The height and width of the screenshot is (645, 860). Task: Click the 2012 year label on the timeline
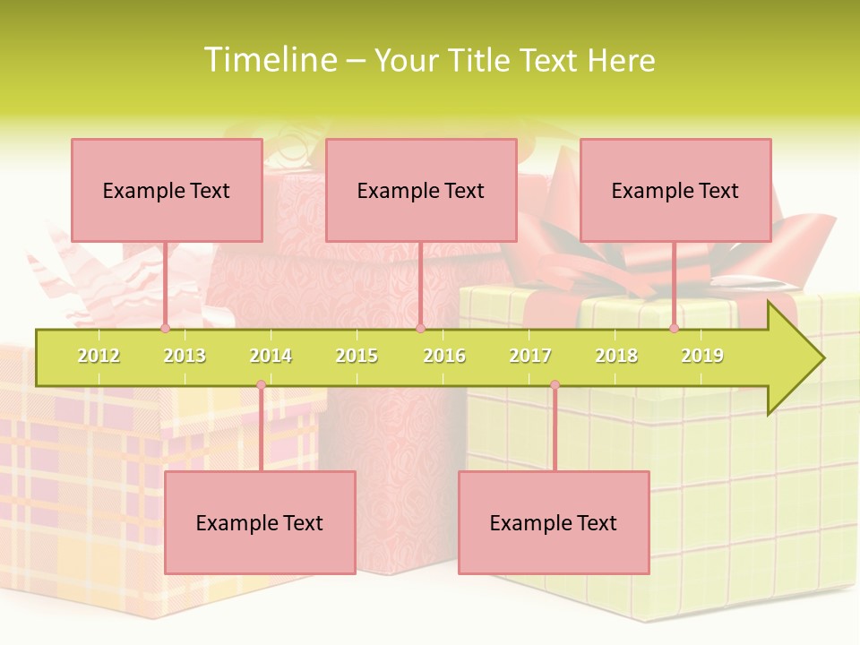click(x=99, y=357)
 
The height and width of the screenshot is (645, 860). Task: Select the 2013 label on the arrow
click(x=185, y=357)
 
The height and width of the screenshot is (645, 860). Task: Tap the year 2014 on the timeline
click(x=271, y=357)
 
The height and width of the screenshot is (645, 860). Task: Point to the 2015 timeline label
click(x=357, y=357)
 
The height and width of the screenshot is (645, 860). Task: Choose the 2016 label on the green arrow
click(x=444, y=357)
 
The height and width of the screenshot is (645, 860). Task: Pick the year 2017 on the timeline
click(x=530, y=357)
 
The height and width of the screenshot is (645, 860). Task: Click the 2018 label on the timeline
click(x=616, y=357)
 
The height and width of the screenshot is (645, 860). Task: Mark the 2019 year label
click(x=702, y=357)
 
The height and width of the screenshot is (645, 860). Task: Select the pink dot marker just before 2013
click(x=165, y=329)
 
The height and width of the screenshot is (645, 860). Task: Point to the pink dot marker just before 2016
click(x=420, y=329)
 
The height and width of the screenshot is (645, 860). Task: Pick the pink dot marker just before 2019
click(x=674, y=329)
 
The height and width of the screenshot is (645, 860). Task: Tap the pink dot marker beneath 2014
click(x=261, y=385)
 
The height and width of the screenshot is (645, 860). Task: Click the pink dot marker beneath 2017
click(x=555, y=385)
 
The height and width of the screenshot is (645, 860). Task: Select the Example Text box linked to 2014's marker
click(x=260, y=522)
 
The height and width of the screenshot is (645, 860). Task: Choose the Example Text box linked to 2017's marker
click(x=554, y=522)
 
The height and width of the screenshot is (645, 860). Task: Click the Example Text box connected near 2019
click(x=675, y=190)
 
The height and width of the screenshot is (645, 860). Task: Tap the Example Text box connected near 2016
click(x=421, y=190)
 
